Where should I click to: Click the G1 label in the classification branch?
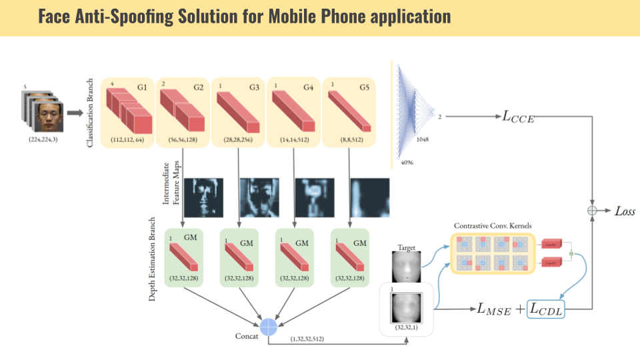(x=143, y=88)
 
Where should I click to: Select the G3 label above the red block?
(x=255, y=88)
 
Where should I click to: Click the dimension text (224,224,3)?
(x=43, y=141)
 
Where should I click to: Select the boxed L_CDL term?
(x=545, y=309)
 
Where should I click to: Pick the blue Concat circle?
(x=268, y=326)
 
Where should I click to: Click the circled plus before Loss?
(x=591, y=211)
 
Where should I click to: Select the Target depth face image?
(x=406, y=267)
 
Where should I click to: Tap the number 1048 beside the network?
(x=421, y=139)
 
